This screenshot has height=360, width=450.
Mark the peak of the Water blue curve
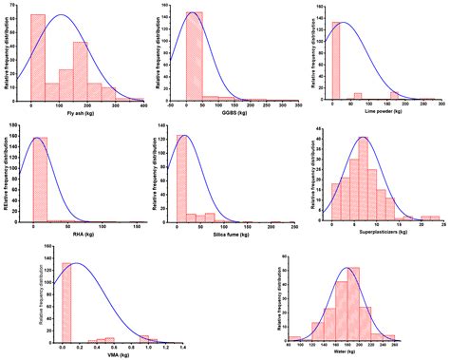pos(349,269)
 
